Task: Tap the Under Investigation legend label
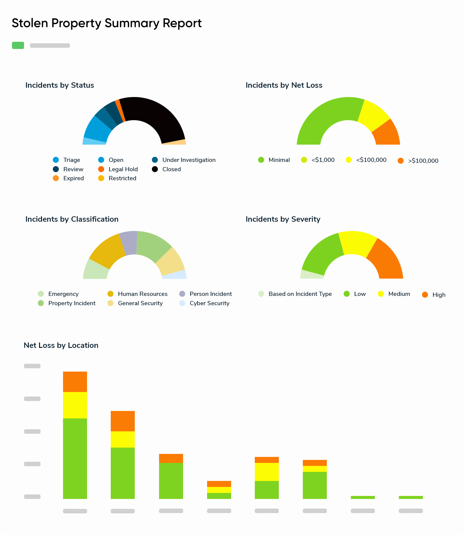point(189,160)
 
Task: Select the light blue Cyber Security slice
point(174,275)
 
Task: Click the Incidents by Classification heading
point(72,219)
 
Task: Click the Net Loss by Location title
point(61,345)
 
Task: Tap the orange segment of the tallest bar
point(75,381)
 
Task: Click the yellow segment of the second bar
point(122,439)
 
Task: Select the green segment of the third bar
point(171,481)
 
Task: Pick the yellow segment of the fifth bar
point(267,472)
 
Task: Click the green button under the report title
point(18,45)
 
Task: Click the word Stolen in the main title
point(30,23)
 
